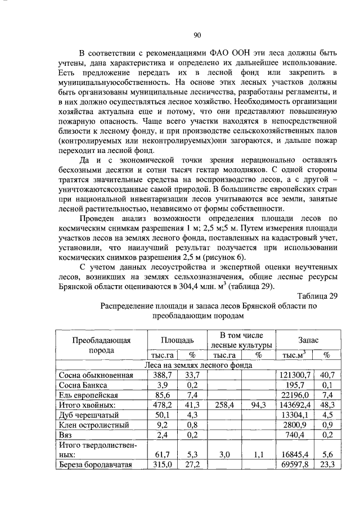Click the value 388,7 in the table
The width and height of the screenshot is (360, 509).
pos(163,375)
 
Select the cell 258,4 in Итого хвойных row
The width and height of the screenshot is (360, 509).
pos(224,406)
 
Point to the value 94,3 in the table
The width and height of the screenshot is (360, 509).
pos(258,406)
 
